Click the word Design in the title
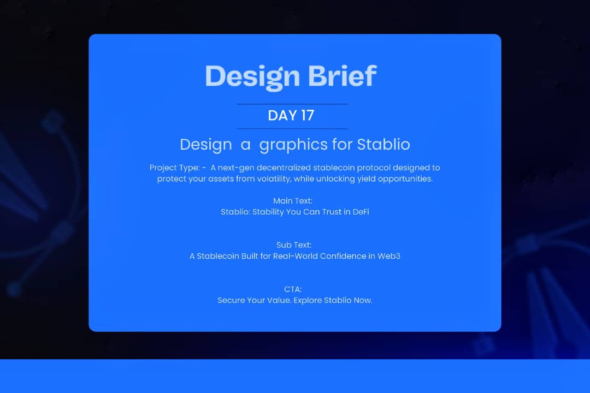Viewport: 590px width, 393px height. (253, 77)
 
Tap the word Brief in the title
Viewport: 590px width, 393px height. (343, 76)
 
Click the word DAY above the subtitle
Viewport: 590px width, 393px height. (280, 116)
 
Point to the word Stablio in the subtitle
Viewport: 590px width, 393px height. (383, 145)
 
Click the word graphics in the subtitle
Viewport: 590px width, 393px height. (294, 145)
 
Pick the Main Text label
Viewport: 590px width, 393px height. (293, 201)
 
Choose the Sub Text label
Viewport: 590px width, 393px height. (294, 245)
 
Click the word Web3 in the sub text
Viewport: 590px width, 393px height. (389, 256)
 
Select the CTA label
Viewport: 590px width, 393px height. (293, 289)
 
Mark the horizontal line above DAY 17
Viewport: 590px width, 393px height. (292, 104)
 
